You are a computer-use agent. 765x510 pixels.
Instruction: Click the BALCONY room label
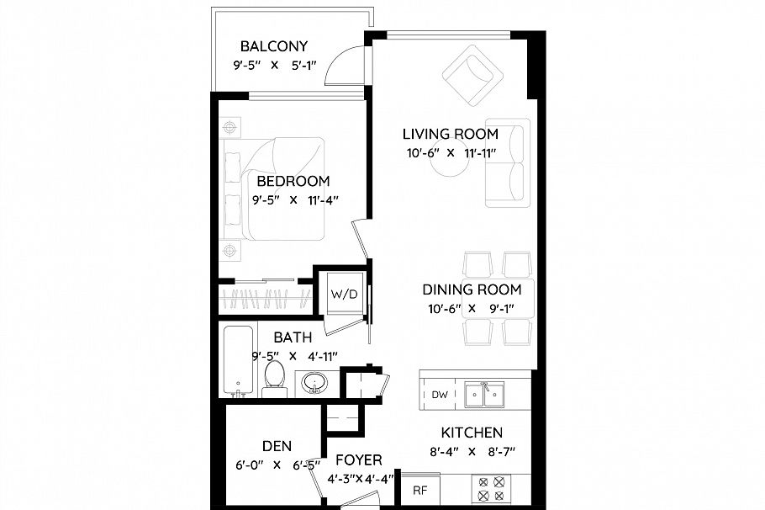pos(273,46)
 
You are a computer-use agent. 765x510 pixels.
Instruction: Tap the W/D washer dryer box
pos(342,295)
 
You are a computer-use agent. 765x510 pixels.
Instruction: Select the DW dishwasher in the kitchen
pos(439,394)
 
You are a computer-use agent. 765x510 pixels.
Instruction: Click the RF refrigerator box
pos(418,489)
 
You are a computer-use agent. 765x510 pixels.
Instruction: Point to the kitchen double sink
pos(484,393)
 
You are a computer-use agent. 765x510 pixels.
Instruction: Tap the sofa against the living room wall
pos(508,163)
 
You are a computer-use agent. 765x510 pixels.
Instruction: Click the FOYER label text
pos(359,460)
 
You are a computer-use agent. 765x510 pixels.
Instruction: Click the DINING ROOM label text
pos(472,290)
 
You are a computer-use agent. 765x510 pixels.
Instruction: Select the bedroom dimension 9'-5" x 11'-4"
pos(293,200)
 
